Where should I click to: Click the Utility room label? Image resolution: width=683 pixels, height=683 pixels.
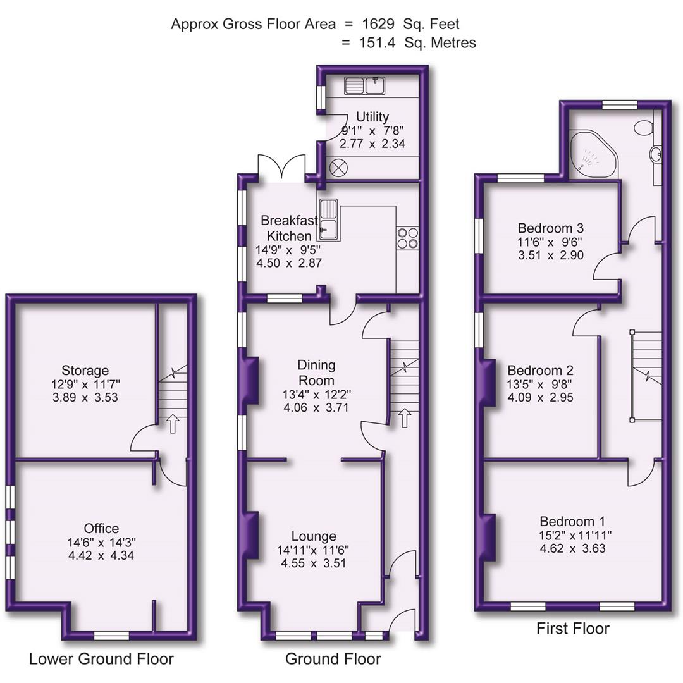pyautogui.click(x=372, y=117)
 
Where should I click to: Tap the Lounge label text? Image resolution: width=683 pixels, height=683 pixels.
pyautogui.click(x=314, y=536)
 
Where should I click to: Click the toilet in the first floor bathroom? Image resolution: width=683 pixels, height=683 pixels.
pyautogui.click(x=644, y=127)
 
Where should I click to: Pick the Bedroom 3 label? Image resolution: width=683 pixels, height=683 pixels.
pyautogui.click(x=550, y=228)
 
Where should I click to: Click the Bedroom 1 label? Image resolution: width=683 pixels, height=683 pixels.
pyautogui.click(x=572, y=522)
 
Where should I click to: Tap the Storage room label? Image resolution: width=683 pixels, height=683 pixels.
pyautogui.click(x=85, y=371)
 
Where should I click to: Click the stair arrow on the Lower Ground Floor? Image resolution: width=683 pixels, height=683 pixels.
pyautogui.click(x=171, y=423)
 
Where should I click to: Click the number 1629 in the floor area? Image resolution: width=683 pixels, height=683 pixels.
pyautogui.click(x=379, y=25)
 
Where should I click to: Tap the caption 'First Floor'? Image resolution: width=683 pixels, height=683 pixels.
pyautogui.click(x=572, y=629)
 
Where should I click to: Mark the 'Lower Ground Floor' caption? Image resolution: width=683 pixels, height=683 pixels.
pyautogui.click(x=101, y=659)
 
